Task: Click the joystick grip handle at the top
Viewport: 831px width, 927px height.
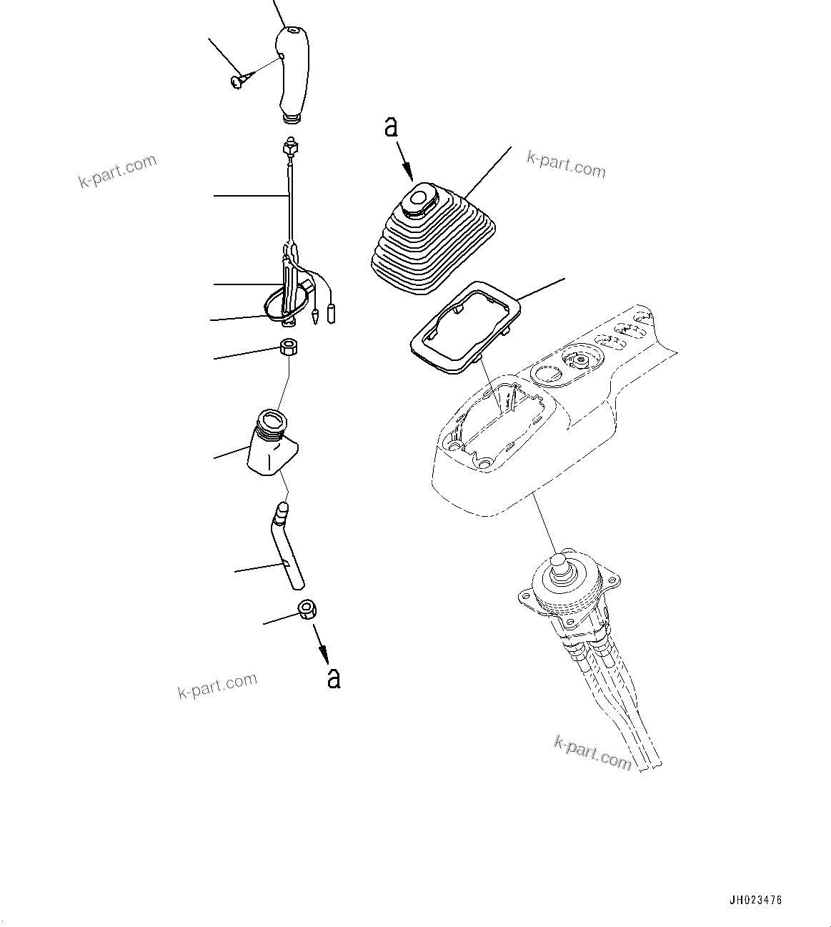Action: tap(292, 71)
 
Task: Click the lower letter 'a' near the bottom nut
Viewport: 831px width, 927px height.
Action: tap(334, 677)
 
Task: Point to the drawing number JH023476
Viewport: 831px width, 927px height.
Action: tap(765, 901)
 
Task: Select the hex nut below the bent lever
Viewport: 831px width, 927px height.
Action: tap(307, 610)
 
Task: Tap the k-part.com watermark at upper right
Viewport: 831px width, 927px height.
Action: tap(566, 164)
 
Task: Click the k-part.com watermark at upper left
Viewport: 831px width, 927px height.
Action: tap(117, 171)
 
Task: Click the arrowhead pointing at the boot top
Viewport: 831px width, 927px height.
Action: tap(409, 174)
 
